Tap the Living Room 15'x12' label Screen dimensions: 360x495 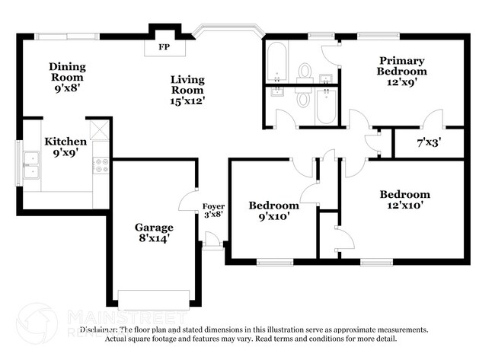coord(187,89)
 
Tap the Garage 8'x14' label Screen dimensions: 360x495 coord(154,232)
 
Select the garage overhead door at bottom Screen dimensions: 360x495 coord(153,298)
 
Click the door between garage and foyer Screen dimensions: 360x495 coord(187,202)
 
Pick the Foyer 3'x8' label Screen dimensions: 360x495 coord(212,211)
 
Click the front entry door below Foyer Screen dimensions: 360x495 coord(212,244)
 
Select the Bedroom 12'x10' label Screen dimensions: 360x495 coord(404,199)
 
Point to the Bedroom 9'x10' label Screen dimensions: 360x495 coord(273,210)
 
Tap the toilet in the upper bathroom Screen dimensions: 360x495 coord(305,71)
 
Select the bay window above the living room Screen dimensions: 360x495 coord(227,31)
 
